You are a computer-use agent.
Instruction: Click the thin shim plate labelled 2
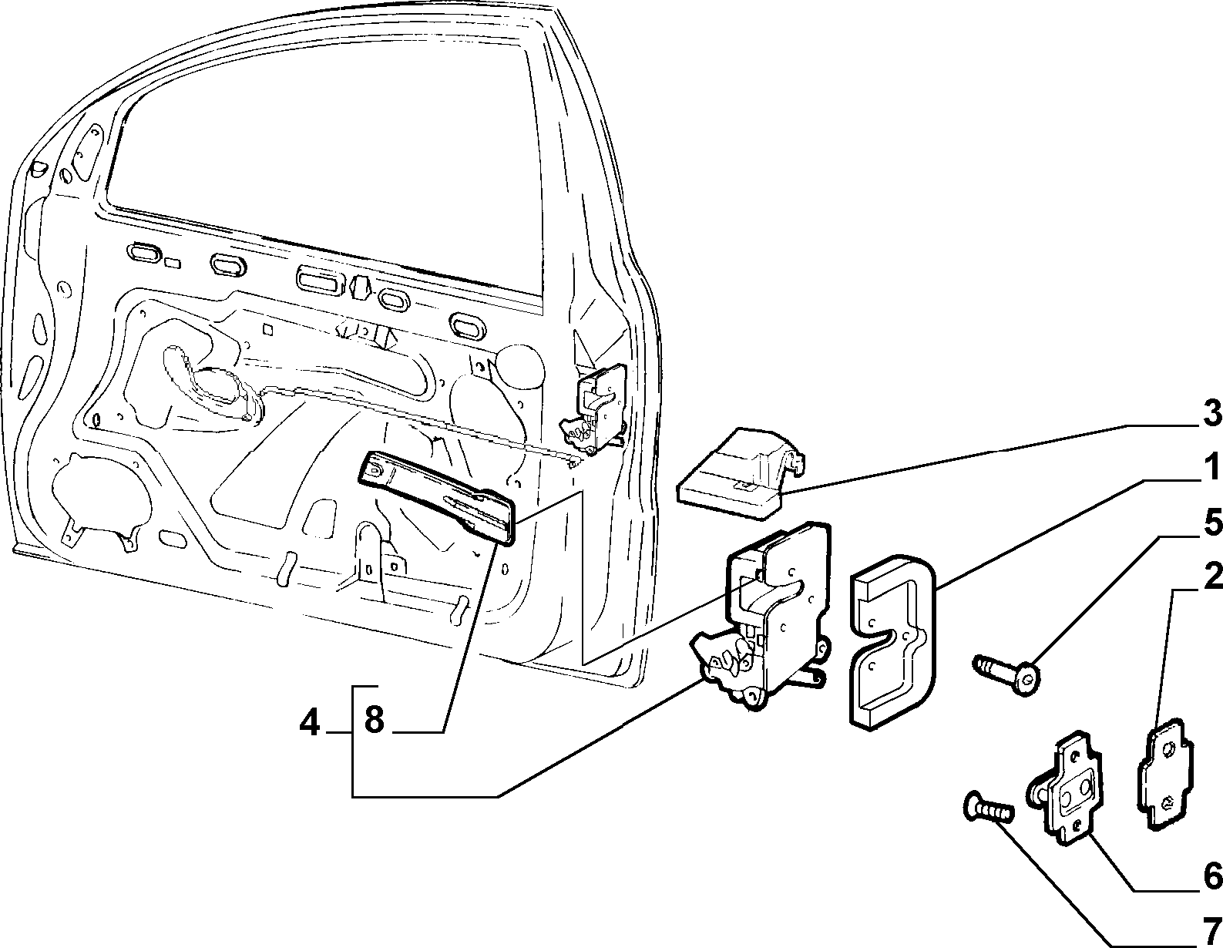coord(1166,781)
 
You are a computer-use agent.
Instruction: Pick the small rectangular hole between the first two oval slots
coord(173,263)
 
